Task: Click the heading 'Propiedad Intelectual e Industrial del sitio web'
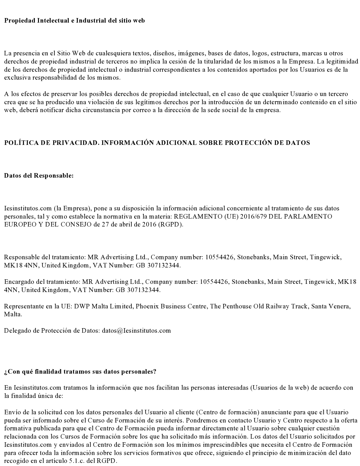74,21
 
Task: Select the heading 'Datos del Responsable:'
39,176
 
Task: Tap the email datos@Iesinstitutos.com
136,331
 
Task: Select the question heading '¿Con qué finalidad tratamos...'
80,372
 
